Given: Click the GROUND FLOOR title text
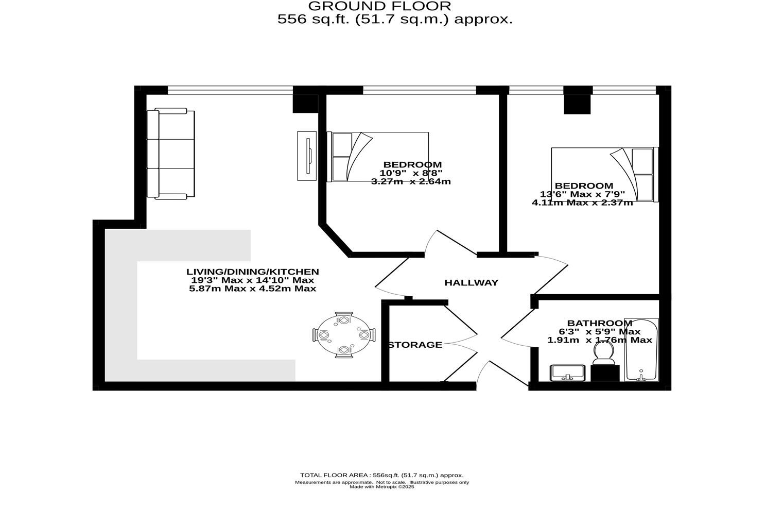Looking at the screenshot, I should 379,6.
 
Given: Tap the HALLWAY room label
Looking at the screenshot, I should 471,282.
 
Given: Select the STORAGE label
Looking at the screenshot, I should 415,345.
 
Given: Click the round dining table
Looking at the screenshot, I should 344,335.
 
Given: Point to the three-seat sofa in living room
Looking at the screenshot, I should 171,154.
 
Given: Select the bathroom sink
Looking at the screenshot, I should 568,373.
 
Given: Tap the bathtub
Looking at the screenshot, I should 641,350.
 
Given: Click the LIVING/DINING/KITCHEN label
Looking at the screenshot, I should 252,272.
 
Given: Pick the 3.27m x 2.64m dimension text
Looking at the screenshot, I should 411,181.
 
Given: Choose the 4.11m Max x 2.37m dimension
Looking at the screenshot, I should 582,202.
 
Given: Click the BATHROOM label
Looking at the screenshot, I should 599,323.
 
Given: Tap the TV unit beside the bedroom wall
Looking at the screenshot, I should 306,156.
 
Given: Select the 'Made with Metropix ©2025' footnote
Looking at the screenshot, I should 381,487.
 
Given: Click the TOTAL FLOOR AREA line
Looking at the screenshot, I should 381,475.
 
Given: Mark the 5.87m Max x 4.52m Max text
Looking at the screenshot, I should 252,289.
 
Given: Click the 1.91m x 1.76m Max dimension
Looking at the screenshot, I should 599,340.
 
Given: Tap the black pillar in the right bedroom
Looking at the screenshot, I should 577,104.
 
